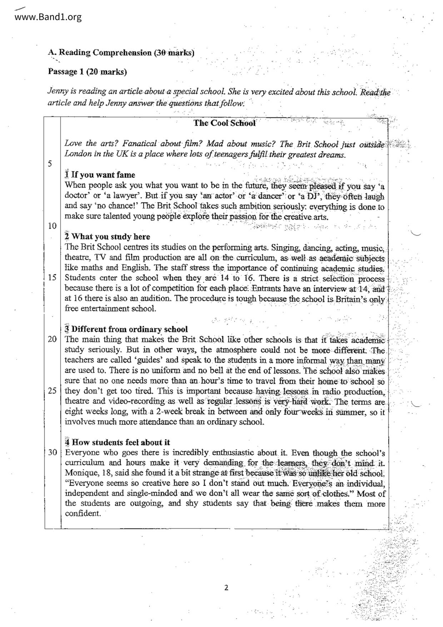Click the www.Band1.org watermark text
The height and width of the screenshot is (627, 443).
48,17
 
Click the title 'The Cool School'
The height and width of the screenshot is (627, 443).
224,123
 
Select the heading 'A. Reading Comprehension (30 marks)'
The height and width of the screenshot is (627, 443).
121,53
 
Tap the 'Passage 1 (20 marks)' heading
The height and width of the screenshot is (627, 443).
88,71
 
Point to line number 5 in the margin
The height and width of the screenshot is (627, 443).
50,164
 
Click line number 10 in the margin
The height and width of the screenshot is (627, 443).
52,226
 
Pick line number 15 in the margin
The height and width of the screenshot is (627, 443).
52,278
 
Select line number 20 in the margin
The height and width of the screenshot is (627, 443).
52,339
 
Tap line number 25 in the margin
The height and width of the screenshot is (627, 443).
52,390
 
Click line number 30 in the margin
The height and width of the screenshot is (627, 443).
52,453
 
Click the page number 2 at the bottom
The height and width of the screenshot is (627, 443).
226,588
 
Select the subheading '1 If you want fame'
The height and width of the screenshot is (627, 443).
100,175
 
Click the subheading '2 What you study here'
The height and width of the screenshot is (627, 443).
108,237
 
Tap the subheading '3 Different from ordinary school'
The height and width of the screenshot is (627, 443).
126,329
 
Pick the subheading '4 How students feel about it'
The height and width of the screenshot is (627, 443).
118,443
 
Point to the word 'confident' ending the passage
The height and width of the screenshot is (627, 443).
82,514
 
